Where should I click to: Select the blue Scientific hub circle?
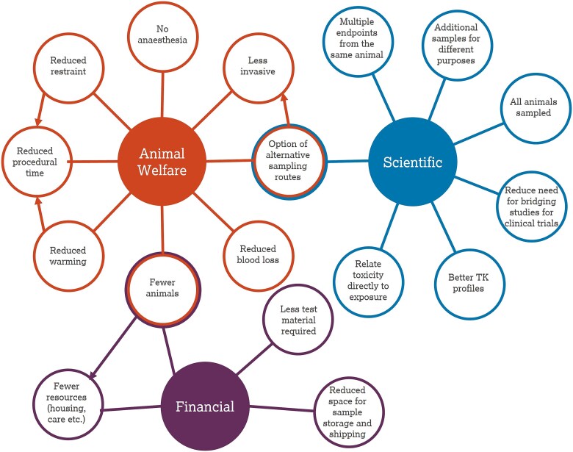coord(412,162)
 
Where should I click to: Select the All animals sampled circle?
coord(529,107)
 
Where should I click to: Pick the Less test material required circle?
coord(294,320)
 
